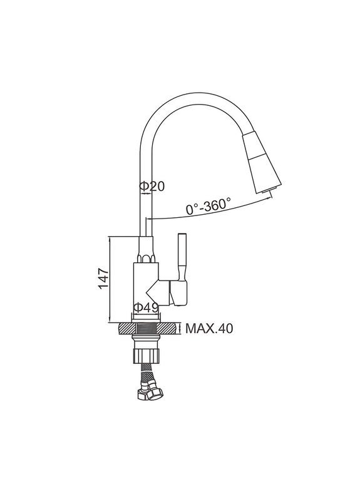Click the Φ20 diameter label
152,186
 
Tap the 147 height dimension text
103,278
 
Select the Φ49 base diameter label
146,307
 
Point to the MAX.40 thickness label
209,328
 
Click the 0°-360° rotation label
208,206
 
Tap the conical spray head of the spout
261,162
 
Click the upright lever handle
182,257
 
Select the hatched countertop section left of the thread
128,328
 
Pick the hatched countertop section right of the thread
167,328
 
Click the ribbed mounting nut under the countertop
146,356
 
